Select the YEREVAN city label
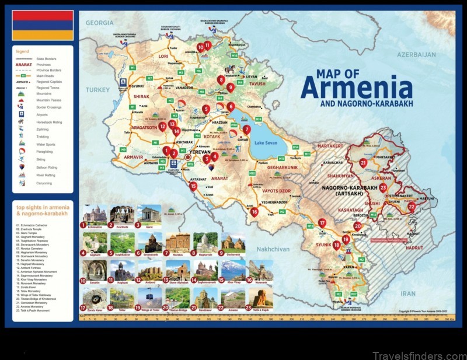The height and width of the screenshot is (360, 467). (x=200, y=152)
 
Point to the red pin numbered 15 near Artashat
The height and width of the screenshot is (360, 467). (x=193, y=186)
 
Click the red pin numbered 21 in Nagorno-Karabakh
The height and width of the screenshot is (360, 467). (x=363, y=163)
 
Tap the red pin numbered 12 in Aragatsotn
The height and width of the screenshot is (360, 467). (x=162, y=125)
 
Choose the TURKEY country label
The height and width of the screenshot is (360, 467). (x=97, y=90)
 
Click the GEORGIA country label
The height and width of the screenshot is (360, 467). (x=99, y=23)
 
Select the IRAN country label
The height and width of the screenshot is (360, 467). (x=408, y=293)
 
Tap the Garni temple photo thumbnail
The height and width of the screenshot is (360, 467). (x=149, y=214)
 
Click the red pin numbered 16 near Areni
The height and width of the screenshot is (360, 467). (x=255, y=212)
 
